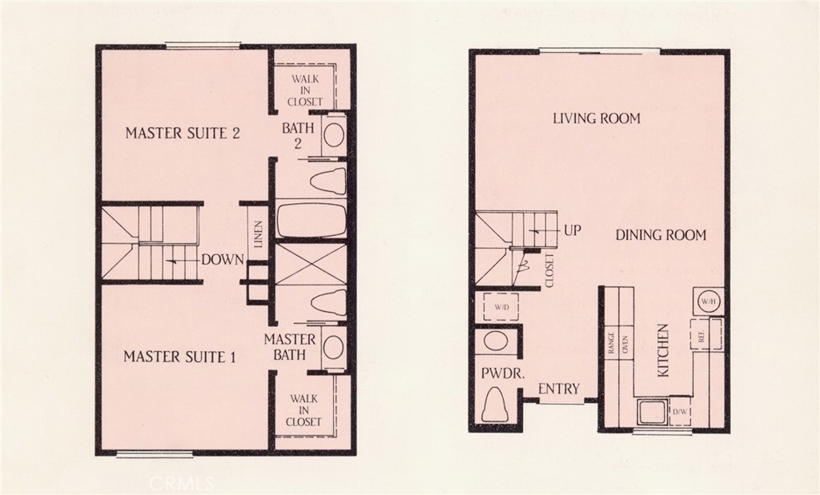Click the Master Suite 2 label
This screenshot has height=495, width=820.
[183, 133]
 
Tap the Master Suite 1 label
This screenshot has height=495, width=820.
[179, 357]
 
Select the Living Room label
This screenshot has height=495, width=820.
[597, 118]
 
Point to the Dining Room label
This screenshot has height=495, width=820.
[661, 235]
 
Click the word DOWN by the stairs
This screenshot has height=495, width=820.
[222, 259]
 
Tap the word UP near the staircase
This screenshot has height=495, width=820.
[572, 230]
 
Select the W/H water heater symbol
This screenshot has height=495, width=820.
[707, 301]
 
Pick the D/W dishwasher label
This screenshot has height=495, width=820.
[681, 413]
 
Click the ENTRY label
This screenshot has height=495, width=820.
[559, 389]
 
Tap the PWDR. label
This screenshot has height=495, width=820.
[496, 373]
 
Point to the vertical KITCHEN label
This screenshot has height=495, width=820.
[663, 350]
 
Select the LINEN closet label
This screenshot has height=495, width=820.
[259, 237]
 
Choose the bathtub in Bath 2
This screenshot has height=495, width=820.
[312, 218]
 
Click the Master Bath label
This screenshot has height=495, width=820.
[290, 347]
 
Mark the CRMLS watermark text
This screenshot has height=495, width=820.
[182, 484]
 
